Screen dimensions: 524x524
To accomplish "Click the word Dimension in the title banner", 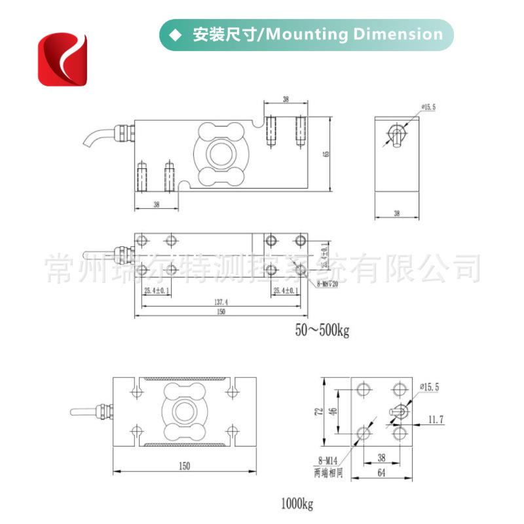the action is tap(398, 35).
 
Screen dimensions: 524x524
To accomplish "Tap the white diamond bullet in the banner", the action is tap(174, 35).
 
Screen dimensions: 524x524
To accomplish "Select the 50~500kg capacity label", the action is tap(322, 331).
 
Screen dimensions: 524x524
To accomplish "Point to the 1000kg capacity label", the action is tap(298, 504).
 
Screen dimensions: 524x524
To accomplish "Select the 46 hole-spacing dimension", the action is tap(332, 411).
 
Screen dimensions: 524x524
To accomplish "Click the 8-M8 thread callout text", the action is tap(327, 284).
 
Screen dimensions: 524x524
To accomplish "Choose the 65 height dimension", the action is tap(326, 155).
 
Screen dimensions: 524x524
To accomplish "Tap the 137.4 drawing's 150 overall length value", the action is tap(221, 312).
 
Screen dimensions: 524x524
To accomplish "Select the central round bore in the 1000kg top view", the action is tap(183, 411).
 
